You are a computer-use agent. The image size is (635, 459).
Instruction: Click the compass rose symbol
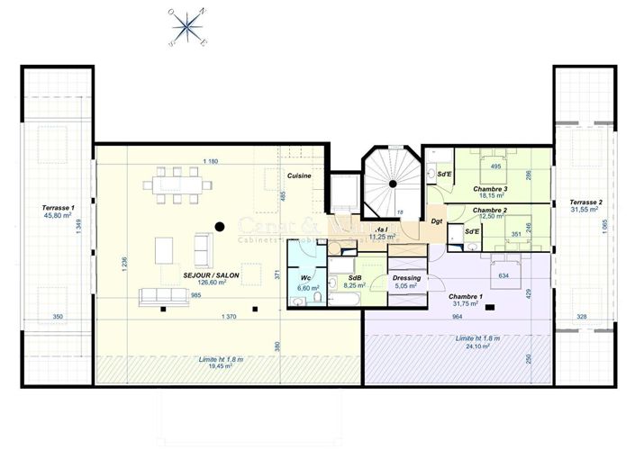tap(187, 27)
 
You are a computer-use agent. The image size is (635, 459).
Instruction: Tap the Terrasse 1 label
tap(57, 207)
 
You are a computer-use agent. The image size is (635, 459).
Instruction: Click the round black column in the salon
tap(218, 226)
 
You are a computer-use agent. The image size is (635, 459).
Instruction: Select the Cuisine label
tap(299, 175)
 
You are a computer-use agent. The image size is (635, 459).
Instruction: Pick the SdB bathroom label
tap(355, 278)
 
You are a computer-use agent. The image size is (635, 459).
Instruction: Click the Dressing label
tap(406, 278)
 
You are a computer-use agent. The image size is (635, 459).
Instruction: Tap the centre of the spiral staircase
tap(393, 184)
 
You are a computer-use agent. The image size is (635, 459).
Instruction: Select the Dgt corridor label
tap(436, 220)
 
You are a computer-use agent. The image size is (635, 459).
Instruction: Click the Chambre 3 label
tap(490, 189)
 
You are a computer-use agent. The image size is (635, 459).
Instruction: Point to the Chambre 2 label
tap(490, 210)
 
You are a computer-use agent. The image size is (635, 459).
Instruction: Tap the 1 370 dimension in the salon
tap(228, 316)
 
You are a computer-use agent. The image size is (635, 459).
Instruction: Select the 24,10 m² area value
tap(474, 346)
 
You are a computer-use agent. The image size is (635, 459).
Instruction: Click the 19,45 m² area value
tap(221, 366)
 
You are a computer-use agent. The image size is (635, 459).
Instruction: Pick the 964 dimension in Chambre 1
tap(457, 317)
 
